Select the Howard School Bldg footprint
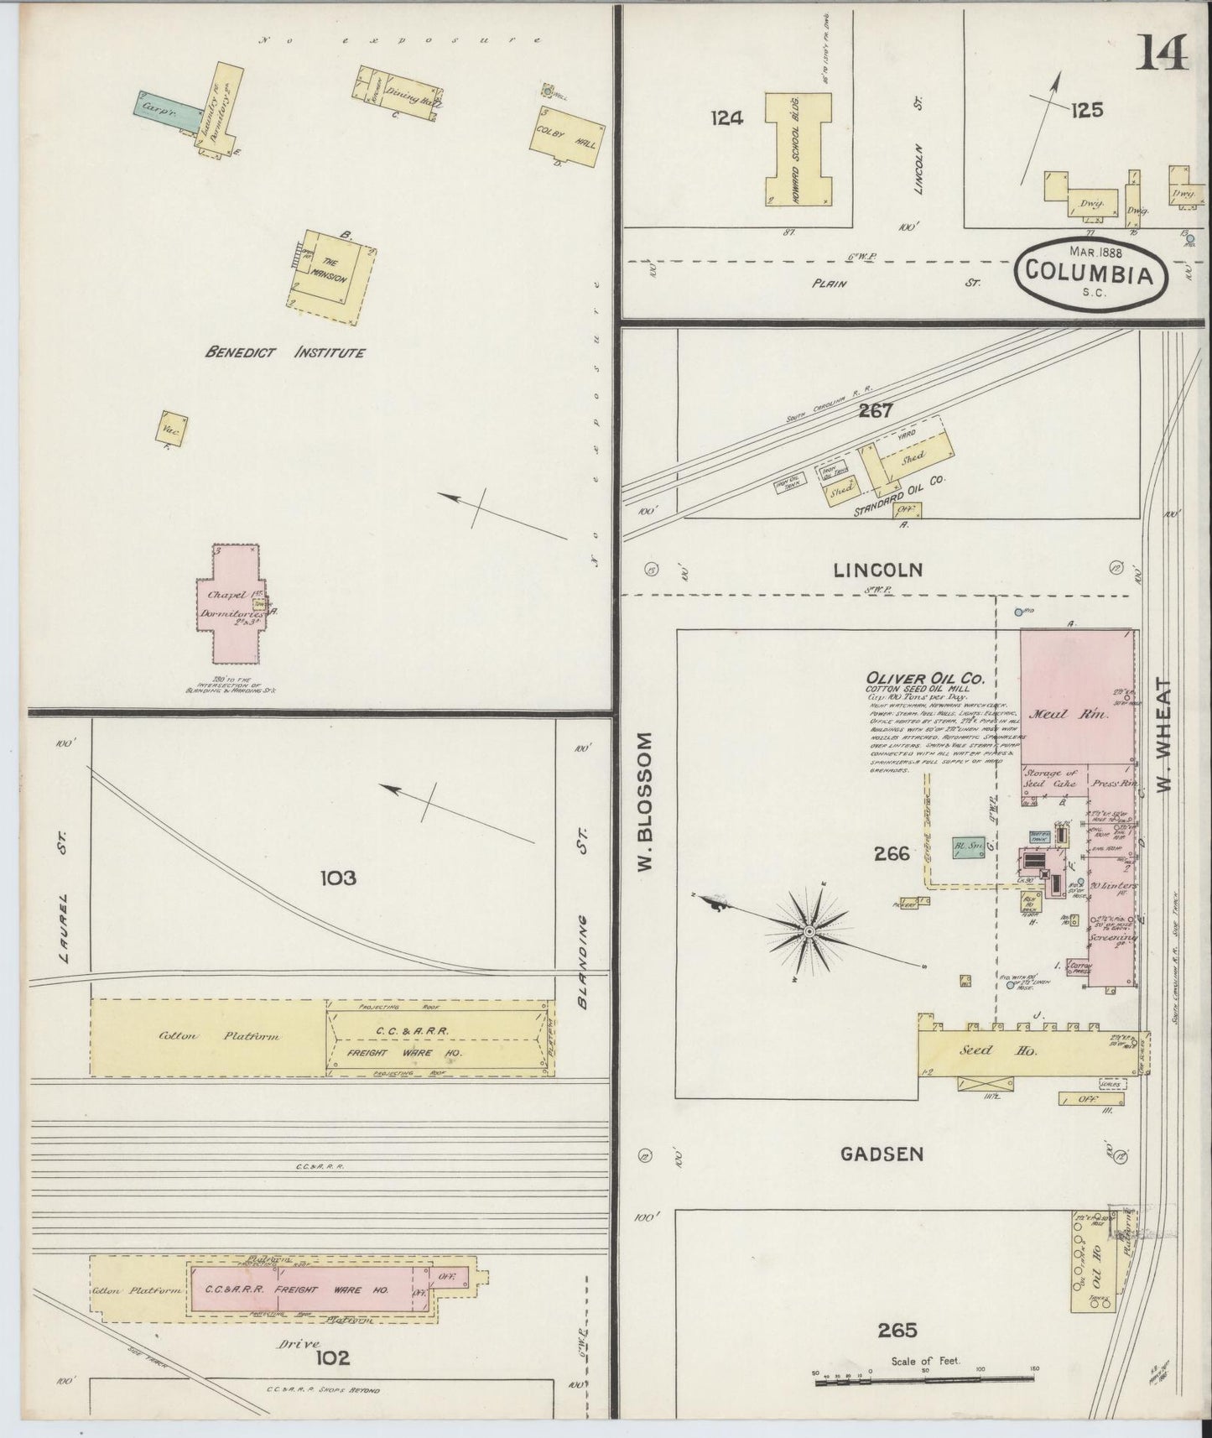[798, 148]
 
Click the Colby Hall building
[568, 137]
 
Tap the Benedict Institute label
[285, 353]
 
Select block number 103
[338, 878]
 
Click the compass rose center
[809, 932]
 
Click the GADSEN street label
[882, 1154]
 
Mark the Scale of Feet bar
[927, 1378]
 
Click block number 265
[897, 1330]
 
